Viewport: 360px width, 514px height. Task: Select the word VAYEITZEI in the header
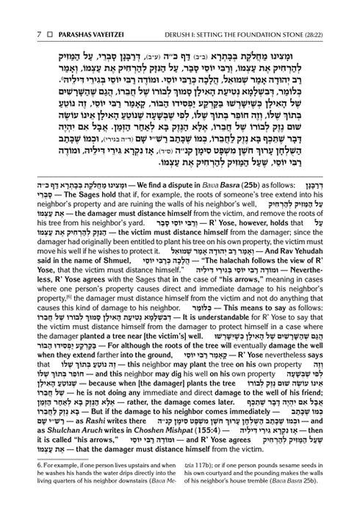91,12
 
